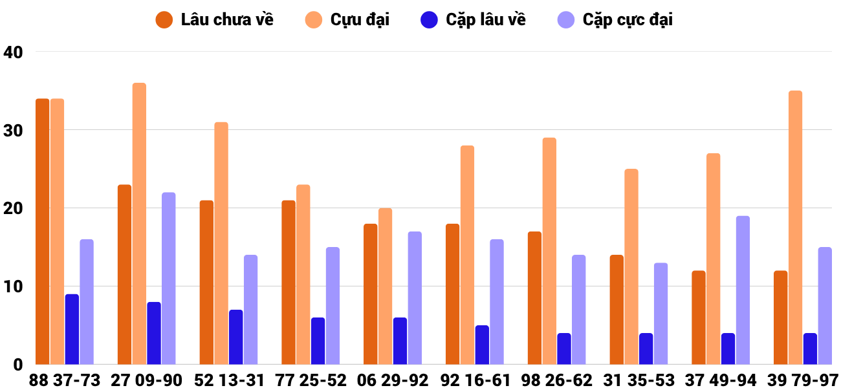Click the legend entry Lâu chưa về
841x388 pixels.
click(x=214, y=20)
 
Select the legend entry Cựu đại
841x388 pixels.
click(x=347, y=20)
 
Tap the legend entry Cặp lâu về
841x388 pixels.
click(x=473, y=20)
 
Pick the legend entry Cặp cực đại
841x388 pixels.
click(x=615, y=20)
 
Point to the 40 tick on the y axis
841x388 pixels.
click(x=13, y=52)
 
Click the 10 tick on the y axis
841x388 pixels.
click(x=13, y=286)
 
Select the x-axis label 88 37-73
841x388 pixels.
click(x=65, y=380)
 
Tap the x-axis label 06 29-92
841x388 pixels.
click(x=392, y=380)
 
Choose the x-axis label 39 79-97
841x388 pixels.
click(x=802, y=380)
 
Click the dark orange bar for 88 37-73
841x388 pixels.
click(x=43, y=232)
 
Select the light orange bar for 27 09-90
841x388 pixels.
click(x=139, y=224)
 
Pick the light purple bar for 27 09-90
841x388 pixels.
click(x=169, y=279)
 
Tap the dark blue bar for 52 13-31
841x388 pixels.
click(x=235, y=337)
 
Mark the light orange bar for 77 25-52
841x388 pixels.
click(x=303, y=275)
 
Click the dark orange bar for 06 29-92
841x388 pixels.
click(x=370, y=294)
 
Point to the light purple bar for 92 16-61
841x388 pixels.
click(x=497, y=302)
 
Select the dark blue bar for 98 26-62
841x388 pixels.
click(x=564, y=349)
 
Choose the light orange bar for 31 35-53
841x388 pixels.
click(x=631, y=267)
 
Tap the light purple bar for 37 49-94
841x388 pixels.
click(x=743, y=290)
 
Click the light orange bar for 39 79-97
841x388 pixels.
click(x=795, y=228)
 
